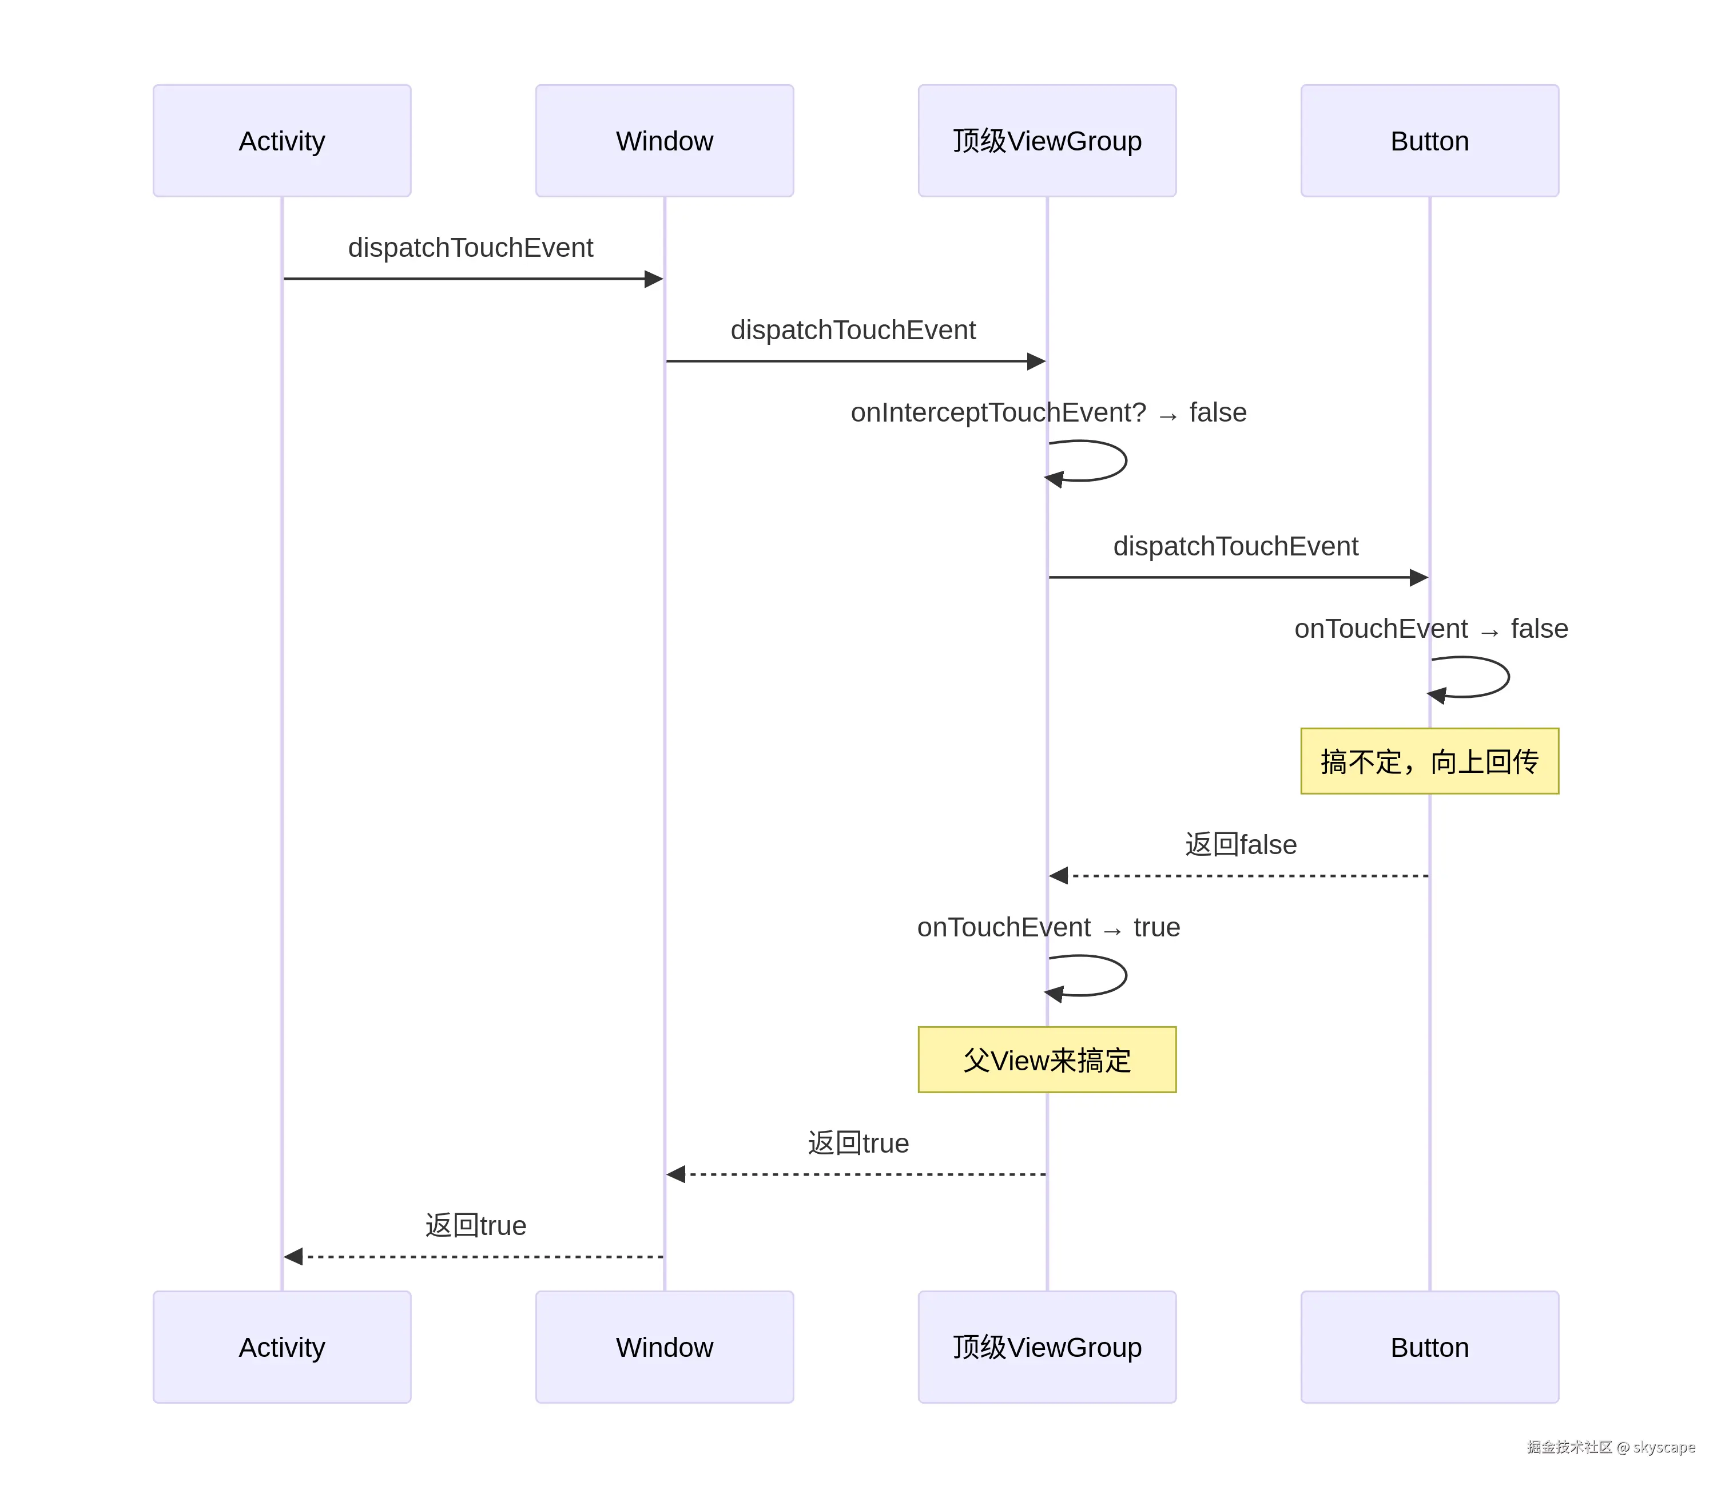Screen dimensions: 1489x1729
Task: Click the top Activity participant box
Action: click(x=282, y=140)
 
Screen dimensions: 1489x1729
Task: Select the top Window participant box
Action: click(x=664, y=140)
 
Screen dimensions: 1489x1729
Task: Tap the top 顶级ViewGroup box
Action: click(x=1047, y=140)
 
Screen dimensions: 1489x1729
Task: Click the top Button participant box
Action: click(x=1429, y=140)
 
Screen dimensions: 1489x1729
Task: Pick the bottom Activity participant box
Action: click(x=282, y=1347)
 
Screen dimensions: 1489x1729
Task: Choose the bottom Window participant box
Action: click(x=664, y=1347)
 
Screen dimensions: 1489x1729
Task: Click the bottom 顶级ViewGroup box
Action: click(x=1047, y=1347)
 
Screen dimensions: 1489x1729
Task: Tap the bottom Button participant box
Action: click(x=1429, y=1347)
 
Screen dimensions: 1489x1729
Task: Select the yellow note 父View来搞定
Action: click(x=1047, y=1060)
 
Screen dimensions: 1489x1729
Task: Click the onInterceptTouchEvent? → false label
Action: click(x=1048, y=412)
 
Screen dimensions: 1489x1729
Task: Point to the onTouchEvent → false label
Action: click(x=1430, y=629)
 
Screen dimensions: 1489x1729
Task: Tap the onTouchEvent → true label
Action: click(x=1048, y=927)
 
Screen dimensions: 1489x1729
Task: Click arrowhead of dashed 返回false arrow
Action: click(x=1059, y=876)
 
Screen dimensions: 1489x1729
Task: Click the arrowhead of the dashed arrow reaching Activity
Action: click(x=293, y=1256)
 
